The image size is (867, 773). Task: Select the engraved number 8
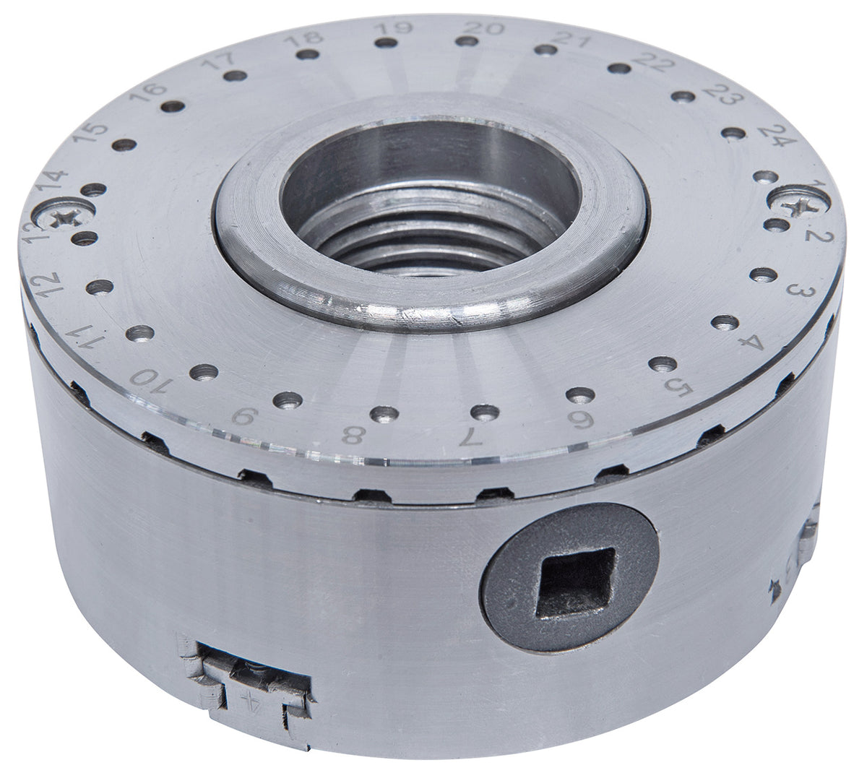point(353,435)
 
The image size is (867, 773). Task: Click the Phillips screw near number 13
point(58,215)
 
